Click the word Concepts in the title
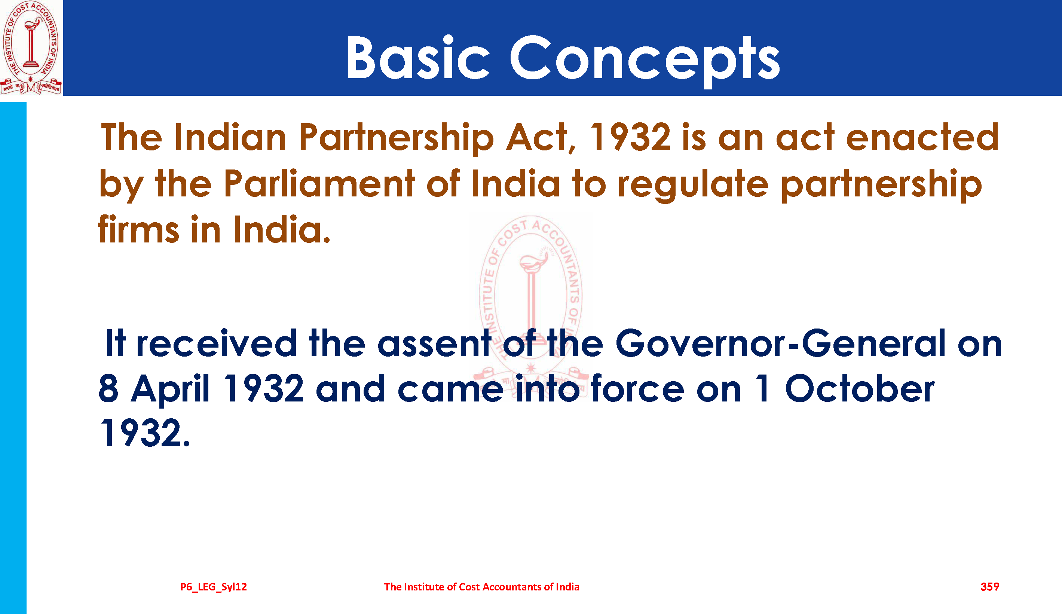coord(645,61)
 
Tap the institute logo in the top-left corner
coord(31,48)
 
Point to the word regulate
coord(693,186)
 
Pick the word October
coord(860,388)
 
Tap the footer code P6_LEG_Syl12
coord(214,587)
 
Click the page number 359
coord(990,587)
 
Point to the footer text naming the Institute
coord(482,587)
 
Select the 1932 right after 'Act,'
coord(630,137)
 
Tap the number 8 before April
coord(108,388)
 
